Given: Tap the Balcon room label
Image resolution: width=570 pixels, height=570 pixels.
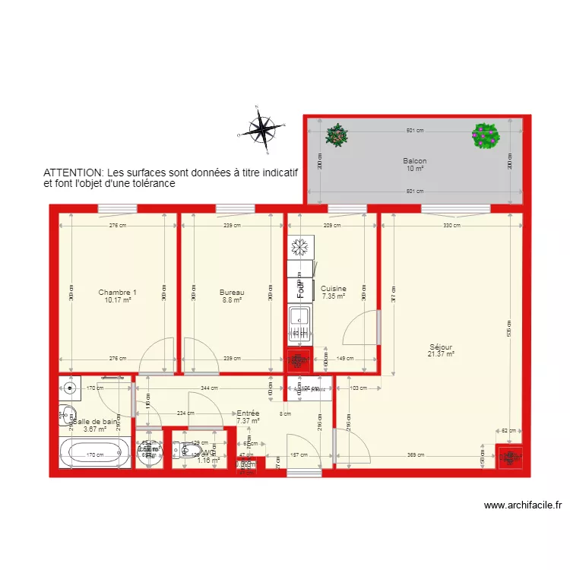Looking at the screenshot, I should coord(414,161).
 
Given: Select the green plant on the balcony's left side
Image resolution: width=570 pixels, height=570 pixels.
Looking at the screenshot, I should coord(336,136).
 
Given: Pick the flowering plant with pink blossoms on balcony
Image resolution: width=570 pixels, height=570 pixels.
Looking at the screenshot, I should coord(486,136).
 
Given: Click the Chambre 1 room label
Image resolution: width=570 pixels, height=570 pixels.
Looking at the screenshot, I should coord(117,293).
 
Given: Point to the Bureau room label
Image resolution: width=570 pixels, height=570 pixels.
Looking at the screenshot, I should coord(232,293).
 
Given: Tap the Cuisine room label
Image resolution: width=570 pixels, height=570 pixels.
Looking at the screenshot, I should coord(333,289).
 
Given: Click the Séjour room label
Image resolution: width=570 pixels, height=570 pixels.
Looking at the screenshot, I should coord(441,348).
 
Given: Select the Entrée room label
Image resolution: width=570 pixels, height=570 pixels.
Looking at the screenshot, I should coord(248,413).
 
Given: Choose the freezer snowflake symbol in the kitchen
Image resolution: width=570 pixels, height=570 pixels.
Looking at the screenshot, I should coord(299,247).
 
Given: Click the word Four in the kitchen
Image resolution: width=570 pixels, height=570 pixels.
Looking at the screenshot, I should coord(300,289).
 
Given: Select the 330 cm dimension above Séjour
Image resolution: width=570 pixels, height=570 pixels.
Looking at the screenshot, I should coord(451,225).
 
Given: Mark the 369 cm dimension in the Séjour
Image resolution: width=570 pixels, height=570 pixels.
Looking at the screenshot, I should coord(416,455).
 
